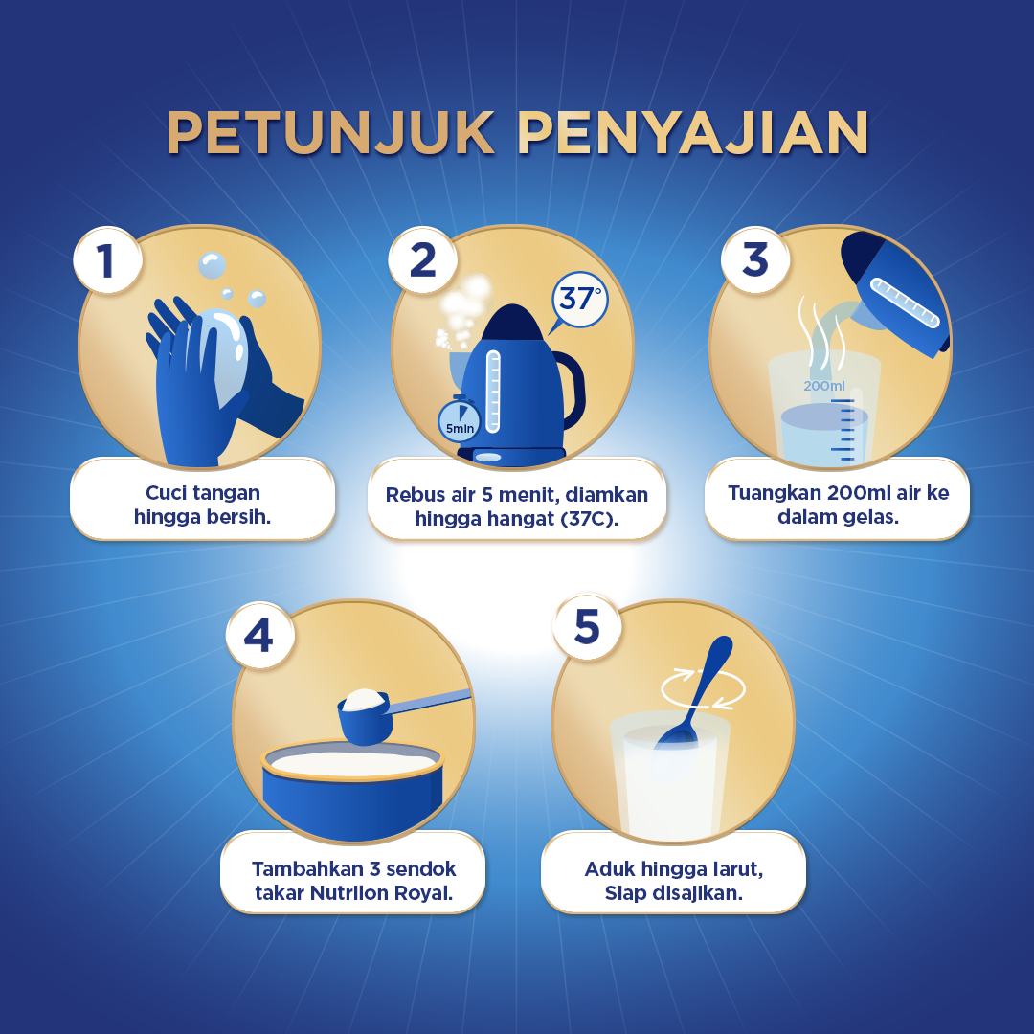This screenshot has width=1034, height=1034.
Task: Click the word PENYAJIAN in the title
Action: [693, 132]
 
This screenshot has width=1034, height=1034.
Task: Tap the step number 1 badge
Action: [107, 259]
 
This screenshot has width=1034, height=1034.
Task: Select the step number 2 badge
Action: [423, 259]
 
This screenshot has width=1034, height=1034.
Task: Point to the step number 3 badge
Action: [755, 259]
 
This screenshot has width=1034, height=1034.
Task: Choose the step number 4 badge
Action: [259, 635]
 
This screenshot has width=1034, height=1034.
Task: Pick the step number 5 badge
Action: [587, 626]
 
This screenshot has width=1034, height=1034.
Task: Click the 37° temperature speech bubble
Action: [578, 302]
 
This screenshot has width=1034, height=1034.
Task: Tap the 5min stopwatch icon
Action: [459, 419]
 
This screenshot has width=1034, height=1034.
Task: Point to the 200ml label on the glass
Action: [823, 386]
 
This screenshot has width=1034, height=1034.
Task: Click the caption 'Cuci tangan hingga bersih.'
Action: [202, 505]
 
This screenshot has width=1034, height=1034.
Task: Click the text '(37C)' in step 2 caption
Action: [589, 519]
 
